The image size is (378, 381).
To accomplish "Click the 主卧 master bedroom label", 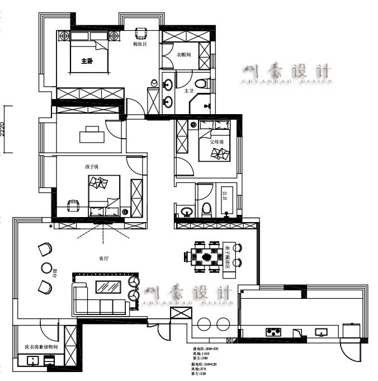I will pyautogui.click(x=87, y=61).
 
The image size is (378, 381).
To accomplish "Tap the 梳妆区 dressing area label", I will pyautogui.click(x=139, y=44).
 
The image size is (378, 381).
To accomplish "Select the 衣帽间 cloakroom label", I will pyautogui.click(x=185, y=55).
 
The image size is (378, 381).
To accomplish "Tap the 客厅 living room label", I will pyautogui.click(x=104, y=258).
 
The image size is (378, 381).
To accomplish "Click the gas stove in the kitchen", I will pyautogui.click(x=273, y=332).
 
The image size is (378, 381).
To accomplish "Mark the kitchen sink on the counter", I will pyautogui.click(x=321, y=332).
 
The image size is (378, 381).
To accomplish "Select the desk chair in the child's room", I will pyautogui.click(x=73, y=205).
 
